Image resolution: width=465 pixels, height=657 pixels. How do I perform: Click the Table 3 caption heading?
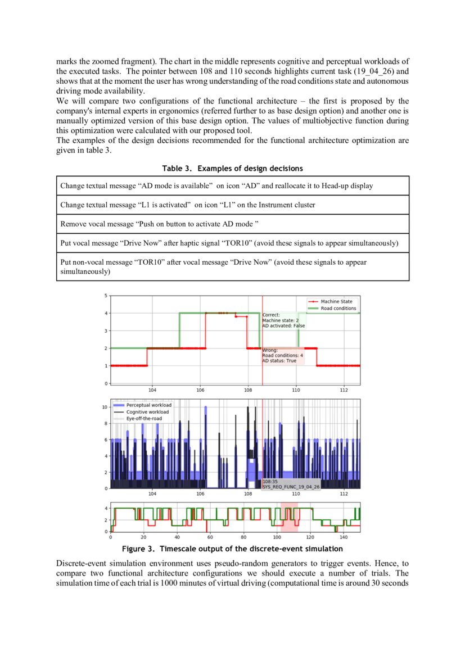232,169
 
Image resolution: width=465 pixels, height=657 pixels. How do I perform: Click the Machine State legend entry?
336,301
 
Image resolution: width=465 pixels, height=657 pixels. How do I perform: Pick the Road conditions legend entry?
338,308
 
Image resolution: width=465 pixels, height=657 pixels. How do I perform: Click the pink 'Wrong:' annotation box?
283,355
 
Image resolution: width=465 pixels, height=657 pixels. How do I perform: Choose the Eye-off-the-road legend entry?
145,419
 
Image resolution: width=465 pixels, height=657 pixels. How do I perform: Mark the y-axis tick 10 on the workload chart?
105,406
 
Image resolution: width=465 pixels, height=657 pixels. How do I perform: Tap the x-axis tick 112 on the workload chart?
344,493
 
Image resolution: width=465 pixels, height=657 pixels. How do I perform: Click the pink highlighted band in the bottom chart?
290,518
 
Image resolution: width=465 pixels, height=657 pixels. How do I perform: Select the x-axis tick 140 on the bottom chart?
344,537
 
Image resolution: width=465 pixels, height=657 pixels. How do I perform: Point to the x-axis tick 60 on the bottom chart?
210,537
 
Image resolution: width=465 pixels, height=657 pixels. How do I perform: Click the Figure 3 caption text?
232,549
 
